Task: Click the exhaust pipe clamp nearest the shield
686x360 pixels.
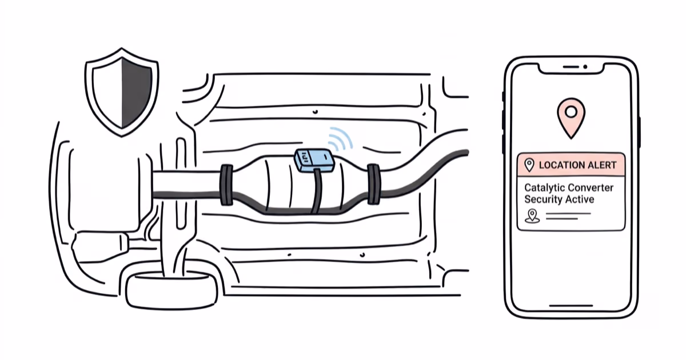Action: (226, 185)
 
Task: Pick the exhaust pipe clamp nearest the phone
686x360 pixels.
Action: (373, 183)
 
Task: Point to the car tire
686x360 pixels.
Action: (171, 289)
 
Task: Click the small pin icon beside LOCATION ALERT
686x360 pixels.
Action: (529, 165)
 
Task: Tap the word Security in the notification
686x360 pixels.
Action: (544, 199)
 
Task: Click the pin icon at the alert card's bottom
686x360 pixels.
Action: (532, 216)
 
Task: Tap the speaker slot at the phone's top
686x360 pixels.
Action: (571, 67)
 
